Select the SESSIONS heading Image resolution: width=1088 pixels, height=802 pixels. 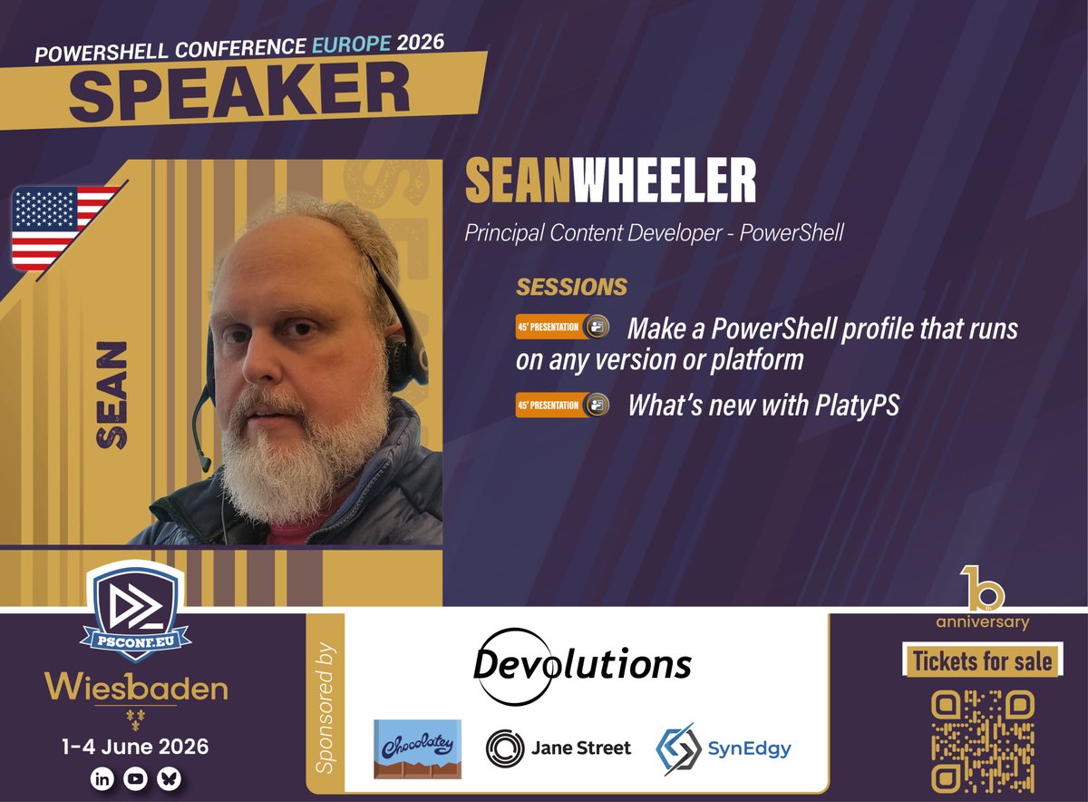pos(571,287)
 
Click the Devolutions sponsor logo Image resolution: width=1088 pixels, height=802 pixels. pos(582,665)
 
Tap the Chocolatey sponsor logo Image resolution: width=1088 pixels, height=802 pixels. pos(417,749)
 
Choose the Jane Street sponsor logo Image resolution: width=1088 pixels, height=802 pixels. pos(559,748)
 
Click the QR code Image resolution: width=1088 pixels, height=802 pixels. pos(983,738)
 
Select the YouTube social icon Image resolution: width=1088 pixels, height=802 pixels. pos(135,779)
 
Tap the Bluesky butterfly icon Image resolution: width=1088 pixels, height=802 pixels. pos(168,779)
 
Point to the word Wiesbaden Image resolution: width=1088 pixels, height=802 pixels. pos(136,688)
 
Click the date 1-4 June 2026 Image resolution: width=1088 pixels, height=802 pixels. pos(136,748)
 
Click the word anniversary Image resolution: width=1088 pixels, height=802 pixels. pos(983,622)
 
